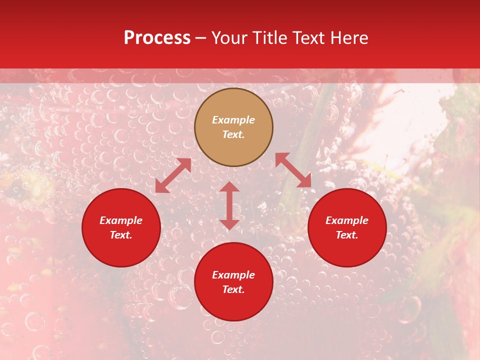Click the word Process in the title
157,38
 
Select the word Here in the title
348,38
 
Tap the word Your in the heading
230,38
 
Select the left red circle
121,250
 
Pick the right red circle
347,250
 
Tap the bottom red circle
233,305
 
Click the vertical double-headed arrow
229,205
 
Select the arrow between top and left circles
173,175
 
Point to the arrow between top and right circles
293,170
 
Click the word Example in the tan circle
233,120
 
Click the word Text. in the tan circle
233,134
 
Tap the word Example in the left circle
121,220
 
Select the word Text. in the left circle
121,235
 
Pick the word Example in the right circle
347,220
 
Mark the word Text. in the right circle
347,235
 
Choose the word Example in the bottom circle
233,275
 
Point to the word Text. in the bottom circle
233,289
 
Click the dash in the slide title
201,38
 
